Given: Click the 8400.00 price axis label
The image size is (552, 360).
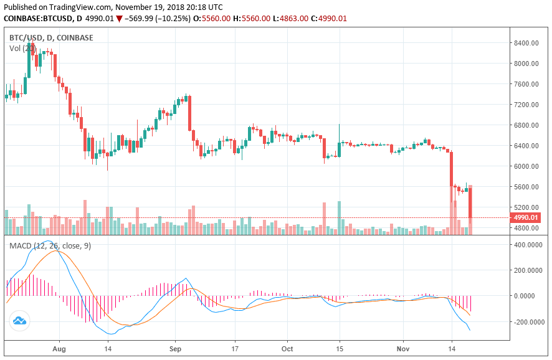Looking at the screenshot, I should point(526,43).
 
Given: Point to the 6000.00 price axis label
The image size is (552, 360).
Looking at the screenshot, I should point(526,166).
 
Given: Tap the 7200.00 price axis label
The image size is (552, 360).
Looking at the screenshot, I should point(526,105).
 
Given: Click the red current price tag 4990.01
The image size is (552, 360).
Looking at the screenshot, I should point(525,218).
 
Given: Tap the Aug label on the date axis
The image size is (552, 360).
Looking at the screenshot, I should point(59,350).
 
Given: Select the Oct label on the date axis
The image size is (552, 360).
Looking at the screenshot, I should point(288,350).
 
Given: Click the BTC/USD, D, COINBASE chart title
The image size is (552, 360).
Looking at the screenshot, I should point(51,38).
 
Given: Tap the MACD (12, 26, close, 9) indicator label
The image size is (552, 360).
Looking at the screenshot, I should point(50,246).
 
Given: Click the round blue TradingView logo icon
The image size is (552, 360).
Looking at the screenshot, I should point(19,321).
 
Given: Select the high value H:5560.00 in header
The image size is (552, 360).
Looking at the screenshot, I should point(251,19).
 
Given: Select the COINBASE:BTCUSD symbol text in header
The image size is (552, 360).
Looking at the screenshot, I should point(37,19).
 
